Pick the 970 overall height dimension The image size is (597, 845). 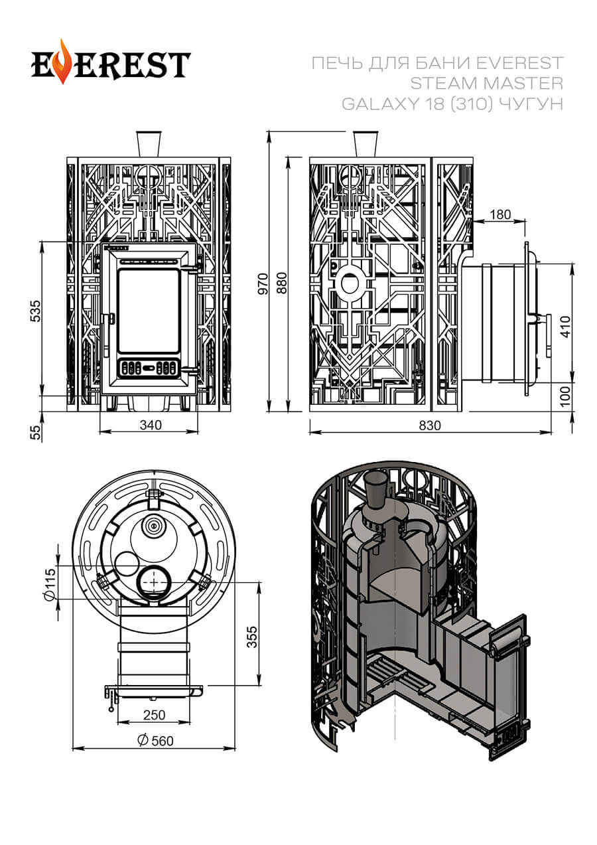263,283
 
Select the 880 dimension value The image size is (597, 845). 281,283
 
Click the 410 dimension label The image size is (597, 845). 564,327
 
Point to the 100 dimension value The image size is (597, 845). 564,397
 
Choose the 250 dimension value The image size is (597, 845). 153,716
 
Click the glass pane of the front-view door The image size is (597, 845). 149,310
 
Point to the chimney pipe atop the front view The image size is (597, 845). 149,143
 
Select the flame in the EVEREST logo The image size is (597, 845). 63,61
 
